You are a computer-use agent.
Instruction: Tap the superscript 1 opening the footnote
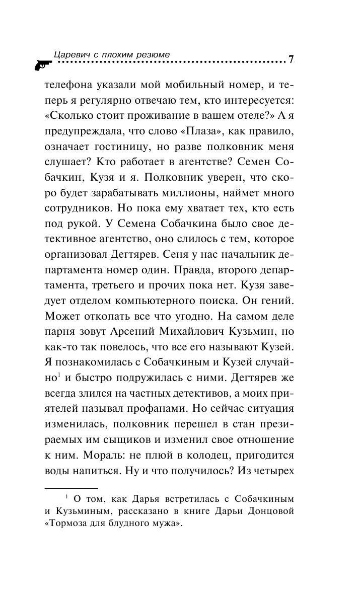point(66,497)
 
